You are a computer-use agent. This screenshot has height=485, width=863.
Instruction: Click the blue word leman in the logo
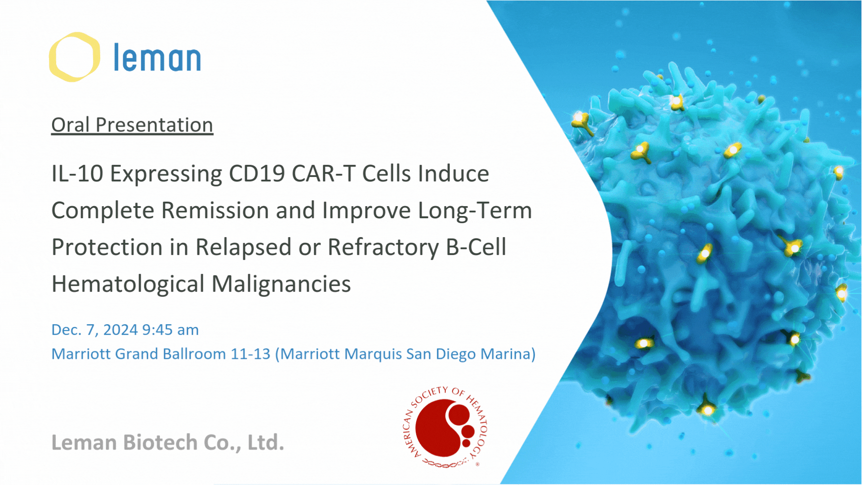tap(157, 57)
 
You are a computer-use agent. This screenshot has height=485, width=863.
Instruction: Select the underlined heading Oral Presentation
tap(132, 125)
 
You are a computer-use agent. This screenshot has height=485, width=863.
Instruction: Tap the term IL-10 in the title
tap(77, 173)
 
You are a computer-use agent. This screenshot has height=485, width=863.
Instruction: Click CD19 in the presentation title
tap(257, 173)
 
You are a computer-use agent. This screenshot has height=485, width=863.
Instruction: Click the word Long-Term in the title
tap(475, 210)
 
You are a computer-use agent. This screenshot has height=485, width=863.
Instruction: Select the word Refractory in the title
tap(383, 248)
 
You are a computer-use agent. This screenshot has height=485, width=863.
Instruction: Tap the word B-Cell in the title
tap(476, 247)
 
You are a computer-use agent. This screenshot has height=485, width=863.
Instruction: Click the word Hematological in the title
tap(128, 285)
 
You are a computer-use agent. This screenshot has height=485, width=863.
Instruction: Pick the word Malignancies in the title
tap(281, 285)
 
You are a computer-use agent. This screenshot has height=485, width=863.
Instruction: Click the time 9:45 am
tap(170, 330)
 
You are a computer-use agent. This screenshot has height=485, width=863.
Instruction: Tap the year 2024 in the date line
tap(120, 330)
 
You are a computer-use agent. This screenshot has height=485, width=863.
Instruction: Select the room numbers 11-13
tap(250, 354)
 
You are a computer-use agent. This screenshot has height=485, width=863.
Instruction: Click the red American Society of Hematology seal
tap(445, 427)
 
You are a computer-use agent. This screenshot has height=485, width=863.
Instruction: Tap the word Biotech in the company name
tap(160, 442)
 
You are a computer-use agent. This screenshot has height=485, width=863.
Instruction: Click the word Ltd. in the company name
tap(266, 442)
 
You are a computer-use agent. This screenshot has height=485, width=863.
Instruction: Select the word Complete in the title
tap(103, 211)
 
